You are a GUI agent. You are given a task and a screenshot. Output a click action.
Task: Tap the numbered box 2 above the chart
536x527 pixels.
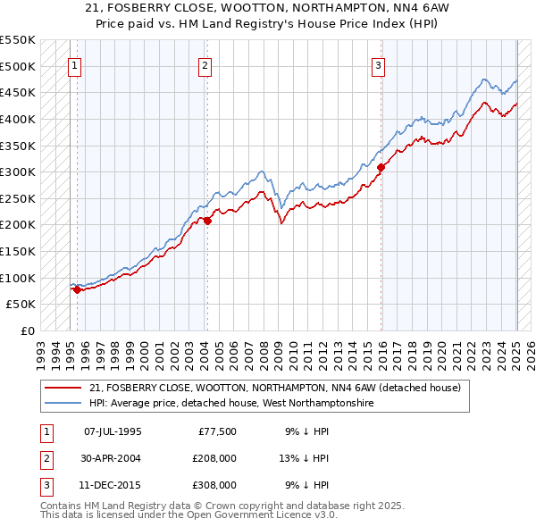[205, 64]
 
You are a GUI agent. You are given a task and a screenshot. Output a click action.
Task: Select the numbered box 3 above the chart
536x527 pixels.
[379, 64]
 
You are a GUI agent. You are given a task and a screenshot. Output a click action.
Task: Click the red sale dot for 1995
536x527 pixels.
[77, 289]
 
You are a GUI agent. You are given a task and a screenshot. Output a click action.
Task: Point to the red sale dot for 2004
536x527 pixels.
[207, 221]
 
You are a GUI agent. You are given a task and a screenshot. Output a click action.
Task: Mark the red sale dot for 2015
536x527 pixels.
[381, 167]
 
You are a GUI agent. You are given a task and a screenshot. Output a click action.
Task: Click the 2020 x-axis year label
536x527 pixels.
[441, 348]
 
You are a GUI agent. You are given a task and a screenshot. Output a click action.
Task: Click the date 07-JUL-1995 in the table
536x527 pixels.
[113, 431]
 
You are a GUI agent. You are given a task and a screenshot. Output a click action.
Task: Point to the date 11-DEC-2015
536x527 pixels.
[113, 485]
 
